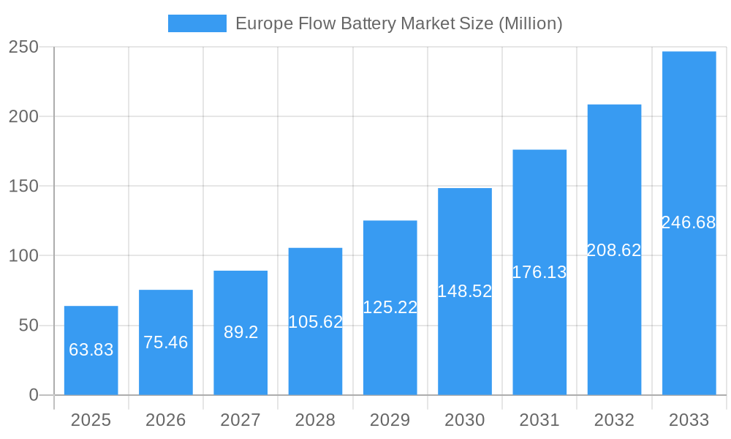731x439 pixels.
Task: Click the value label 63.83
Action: (91, 350)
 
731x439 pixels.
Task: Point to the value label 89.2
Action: (240, 332)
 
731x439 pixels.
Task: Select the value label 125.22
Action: (390, 307)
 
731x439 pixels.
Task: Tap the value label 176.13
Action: (539, 272)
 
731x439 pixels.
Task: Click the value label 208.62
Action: (614, 250)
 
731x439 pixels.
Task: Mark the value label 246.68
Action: (689, 222)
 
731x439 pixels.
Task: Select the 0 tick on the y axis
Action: (34, 395)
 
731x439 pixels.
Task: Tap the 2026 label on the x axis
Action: (166, 420)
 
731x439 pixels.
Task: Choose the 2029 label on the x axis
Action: (390, 420)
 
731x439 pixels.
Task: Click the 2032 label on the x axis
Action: (614, 420)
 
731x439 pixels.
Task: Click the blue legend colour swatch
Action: (197, 23)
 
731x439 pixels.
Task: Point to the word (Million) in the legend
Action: (530, 23)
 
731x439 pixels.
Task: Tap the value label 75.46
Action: (166, 342)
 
